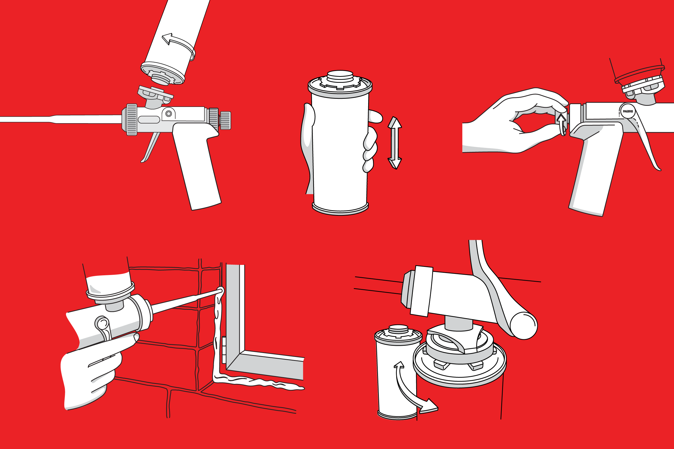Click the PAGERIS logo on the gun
628,111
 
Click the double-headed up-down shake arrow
395,143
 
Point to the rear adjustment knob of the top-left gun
225,120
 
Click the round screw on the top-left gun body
169,114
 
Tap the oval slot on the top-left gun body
149,120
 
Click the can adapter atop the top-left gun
155,95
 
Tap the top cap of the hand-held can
340,75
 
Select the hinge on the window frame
224,350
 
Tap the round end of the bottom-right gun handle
524,326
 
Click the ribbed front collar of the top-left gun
131,120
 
